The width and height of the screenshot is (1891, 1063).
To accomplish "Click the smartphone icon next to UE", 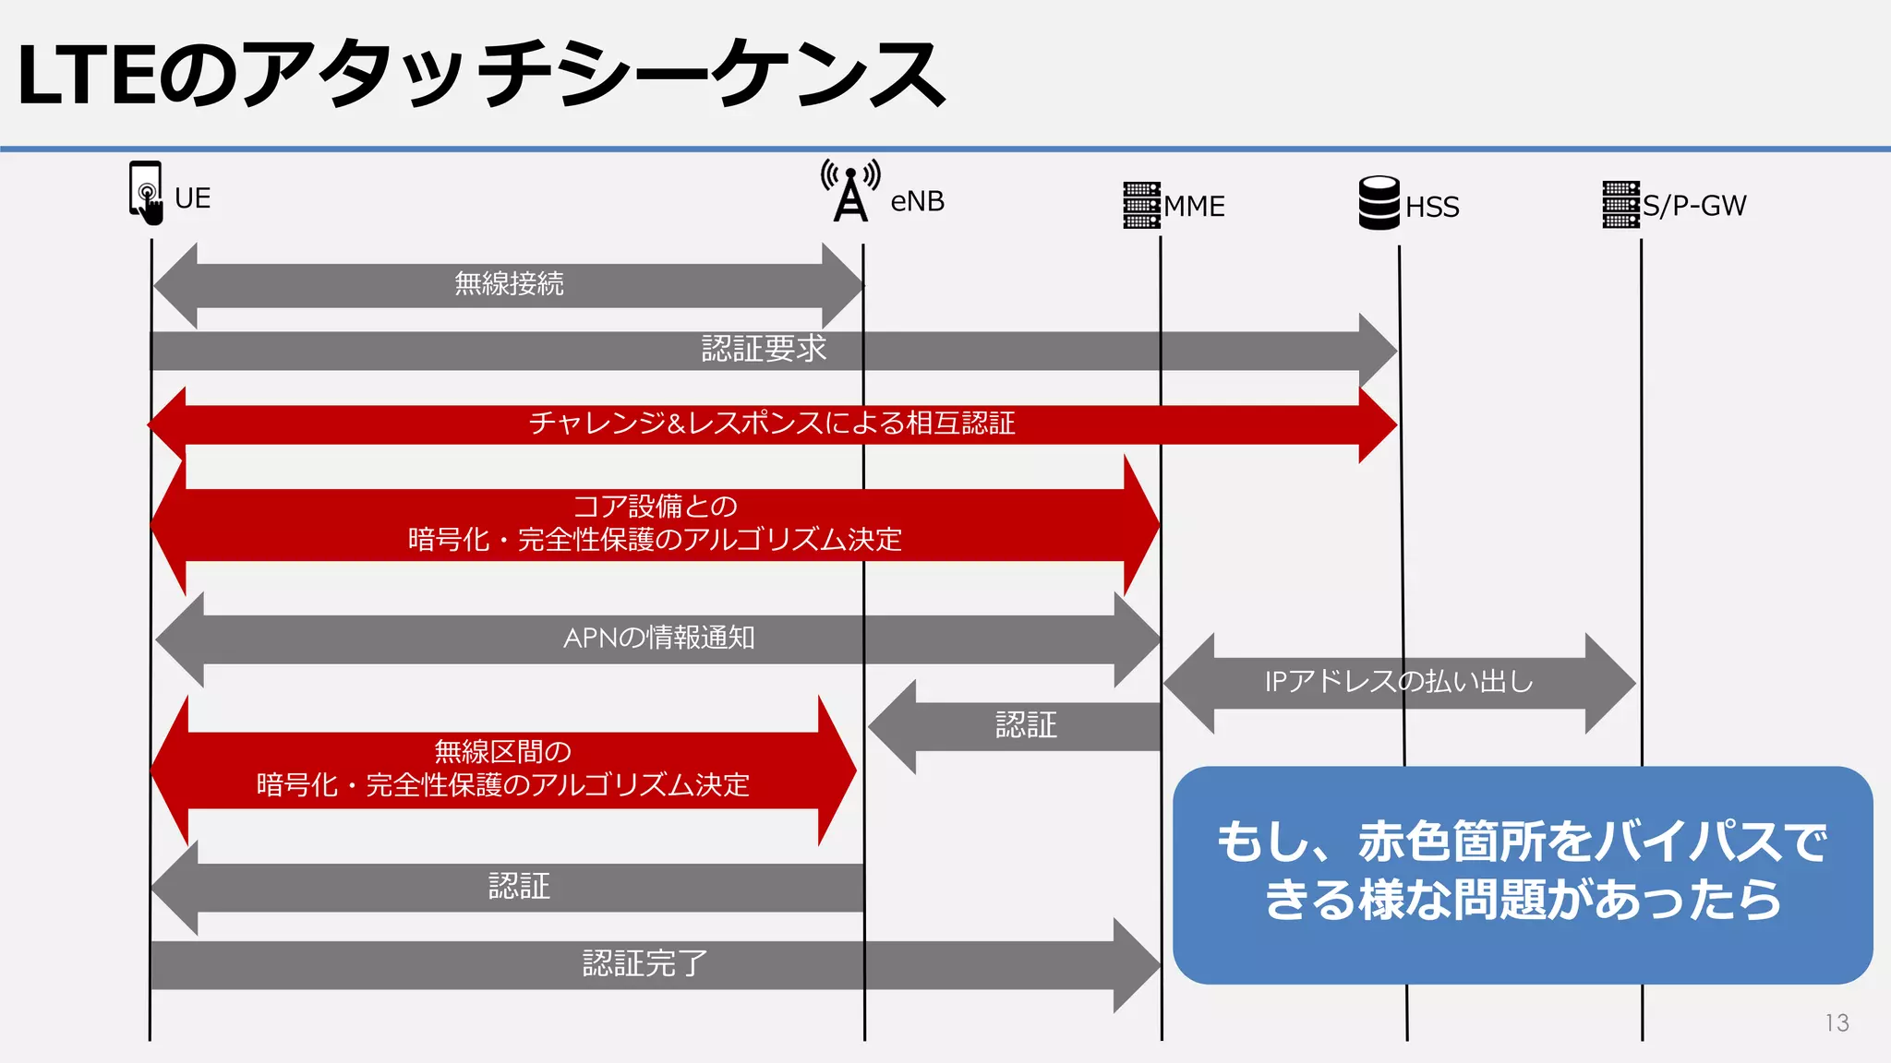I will [146, 192].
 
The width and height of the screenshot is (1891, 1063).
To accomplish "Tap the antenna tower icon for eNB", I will [850, 192].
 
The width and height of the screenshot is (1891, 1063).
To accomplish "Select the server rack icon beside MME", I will [1141, 205].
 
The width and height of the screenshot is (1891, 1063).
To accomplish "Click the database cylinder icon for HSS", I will [1379, 203].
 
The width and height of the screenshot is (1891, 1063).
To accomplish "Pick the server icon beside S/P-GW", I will [1620, 204].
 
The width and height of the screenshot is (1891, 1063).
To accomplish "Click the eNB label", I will [917, 201].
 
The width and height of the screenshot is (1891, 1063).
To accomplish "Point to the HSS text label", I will [1432, 207].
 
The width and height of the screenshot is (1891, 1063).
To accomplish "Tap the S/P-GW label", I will [1694, 205].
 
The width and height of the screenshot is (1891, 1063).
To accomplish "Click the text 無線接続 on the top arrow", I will [509, 283].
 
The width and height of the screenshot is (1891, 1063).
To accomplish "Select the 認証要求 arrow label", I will [764, 349].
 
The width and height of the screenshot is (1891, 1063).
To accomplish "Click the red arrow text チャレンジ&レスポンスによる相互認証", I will [772, 424].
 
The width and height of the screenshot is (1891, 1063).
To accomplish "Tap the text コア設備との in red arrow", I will [655, 506].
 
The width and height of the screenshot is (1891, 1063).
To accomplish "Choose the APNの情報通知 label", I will [658, 638].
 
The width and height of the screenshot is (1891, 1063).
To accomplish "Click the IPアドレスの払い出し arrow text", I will [1398, 682].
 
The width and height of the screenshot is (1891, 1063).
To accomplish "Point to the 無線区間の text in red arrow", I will [502, 751].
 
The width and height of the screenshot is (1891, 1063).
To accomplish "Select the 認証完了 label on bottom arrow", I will [644, 963].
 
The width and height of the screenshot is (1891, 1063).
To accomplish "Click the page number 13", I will [1837, 1022].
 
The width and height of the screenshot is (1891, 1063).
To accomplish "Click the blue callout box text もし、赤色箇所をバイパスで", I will [1522, 842].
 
